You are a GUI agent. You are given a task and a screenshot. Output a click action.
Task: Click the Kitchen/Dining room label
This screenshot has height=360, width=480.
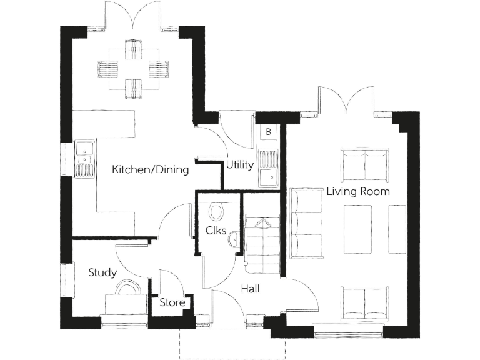pyautogui.click(x=150, y=169)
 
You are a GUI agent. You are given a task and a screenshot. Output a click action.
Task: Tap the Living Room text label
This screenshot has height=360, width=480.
pyautogui.click(x=358, y=191)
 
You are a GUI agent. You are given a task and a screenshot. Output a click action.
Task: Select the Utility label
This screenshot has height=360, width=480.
pyautogui.click(x=240, y=165)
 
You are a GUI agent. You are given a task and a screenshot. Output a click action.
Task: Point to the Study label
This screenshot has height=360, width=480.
pyautogui.click(x=102, y=272)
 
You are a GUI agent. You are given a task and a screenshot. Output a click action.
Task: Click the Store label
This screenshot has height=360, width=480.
pyautogui.click(x=172, y=303)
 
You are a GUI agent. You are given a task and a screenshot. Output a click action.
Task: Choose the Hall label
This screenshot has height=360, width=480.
pyautogui.click(x=250, y=289)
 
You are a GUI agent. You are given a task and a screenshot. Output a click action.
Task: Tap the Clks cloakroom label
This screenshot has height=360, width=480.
pyautogui.click(x=215, y=231)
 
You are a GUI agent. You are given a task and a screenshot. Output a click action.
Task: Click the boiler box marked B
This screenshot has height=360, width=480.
pyautogui.click(x=268, y=132)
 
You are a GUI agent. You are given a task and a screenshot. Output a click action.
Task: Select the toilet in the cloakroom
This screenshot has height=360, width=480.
pyautogui.click(x=217, y=212)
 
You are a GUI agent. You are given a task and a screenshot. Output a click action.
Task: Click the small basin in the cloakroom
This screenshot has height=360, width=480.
pyautogui.click(x=234, y=239)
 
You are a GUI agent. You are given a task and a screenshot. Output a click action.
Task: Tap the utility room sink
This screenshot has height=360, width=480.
pyautogui.click(x=269, y=177)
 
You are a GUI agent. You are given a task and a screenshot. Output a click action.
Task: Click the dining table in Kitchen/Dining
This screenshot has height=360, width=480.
pyautogui.click(x=133, y=68)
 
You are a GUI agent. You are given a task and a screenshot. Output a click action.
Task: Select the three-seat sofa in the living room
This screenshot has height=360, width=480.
pyautogui.click(x=306, y=223)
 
